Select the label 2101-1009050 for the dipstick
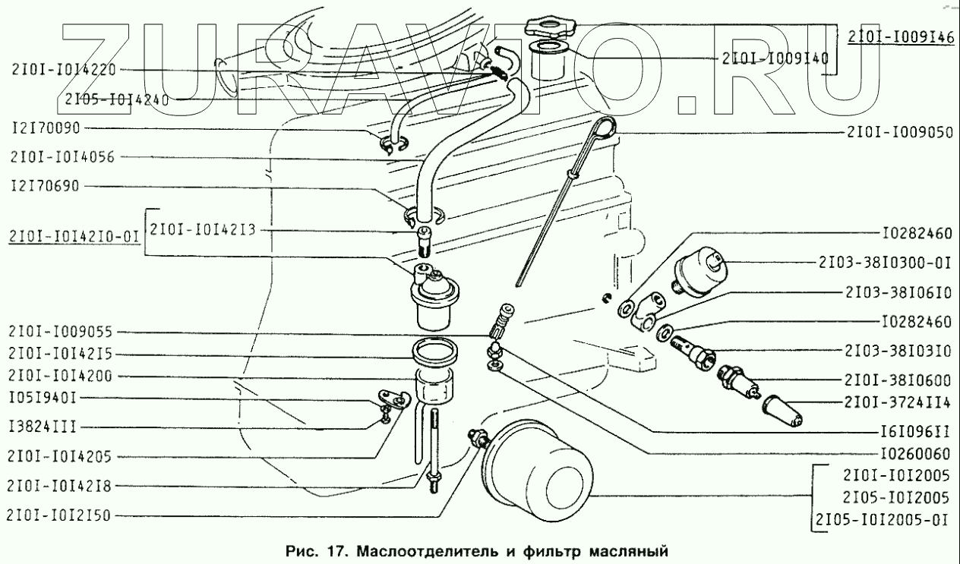pos(899,132)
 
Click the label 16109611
pos(914,430)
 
